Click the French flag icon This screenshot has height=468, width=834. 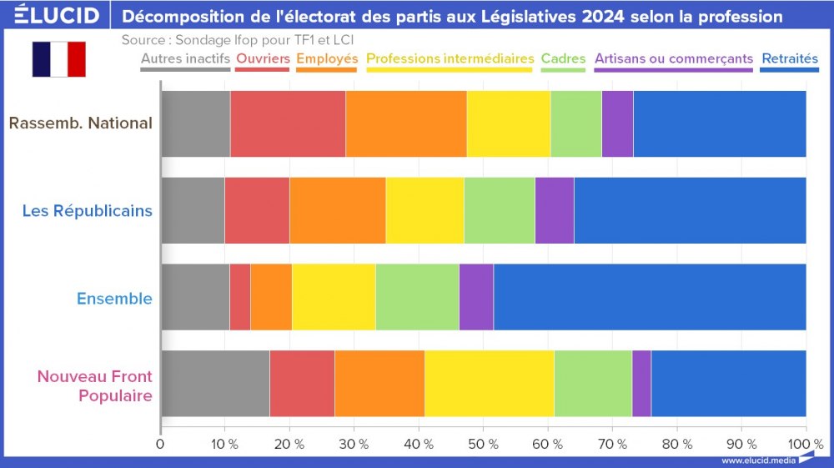58,59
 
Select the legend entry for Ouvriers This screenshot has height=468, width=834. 263,58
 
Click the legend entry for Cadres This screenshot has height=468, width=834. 563,58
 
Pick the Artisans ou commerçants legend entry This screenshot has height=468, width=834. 673,58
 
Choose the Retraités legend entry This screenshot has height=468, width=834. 789,58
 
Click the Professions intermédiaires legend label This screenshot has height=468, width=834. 450,58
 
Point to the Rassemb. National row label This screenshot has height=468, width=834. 80,123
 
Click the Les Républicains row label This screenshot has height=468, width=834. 87,210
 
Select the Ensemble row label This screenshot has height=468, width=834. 114,298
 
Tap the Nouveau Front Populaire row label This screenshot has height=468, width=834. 94,385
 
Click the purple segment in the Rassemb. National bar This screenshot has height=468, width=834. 617,123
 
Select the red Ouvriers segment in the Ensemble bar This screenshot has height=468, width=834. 239,298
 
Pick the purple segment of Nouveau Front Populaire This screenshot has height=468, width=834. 641,384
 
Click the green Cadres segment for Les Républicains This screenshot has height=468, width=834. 499,210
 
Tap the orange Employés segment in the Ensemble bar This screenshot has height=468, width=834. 271,298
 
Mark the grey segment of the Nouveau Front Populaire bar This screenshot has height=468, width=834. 214,384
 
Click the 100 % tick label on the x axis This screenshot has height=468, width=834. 805,444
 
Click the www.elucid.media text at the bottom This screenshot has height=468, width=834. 757,460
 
